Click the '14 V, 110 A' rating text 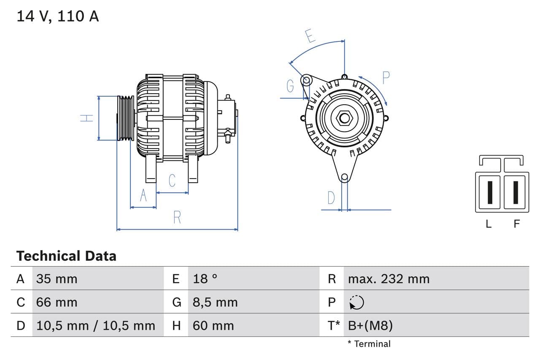coord(58,16)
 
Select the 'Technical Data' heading coord(66,256)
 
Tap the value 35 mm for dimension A coord(57,279)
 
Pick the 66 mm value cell coord(57,302)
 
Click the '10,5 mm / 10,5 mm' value coord(96,325)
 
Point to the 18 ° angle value coord(205,279)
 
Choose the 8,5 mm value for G coord(215,302)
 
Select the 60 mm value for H coord(213,325)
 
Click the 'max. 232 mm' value coord(389,279)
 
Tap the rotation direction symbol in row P coord(356,302)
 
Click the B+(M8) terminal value coord(370,325)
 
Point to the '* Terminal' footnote coord(369,344)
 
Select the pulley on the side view coord(125,118)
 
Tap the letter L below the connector coord(489,224)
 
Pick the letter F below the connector coord(517,224)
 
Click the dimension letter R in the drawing coord(177,217)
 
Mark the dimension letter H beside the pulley coord(87,118)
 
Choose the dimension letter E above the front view coord(310,36)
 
